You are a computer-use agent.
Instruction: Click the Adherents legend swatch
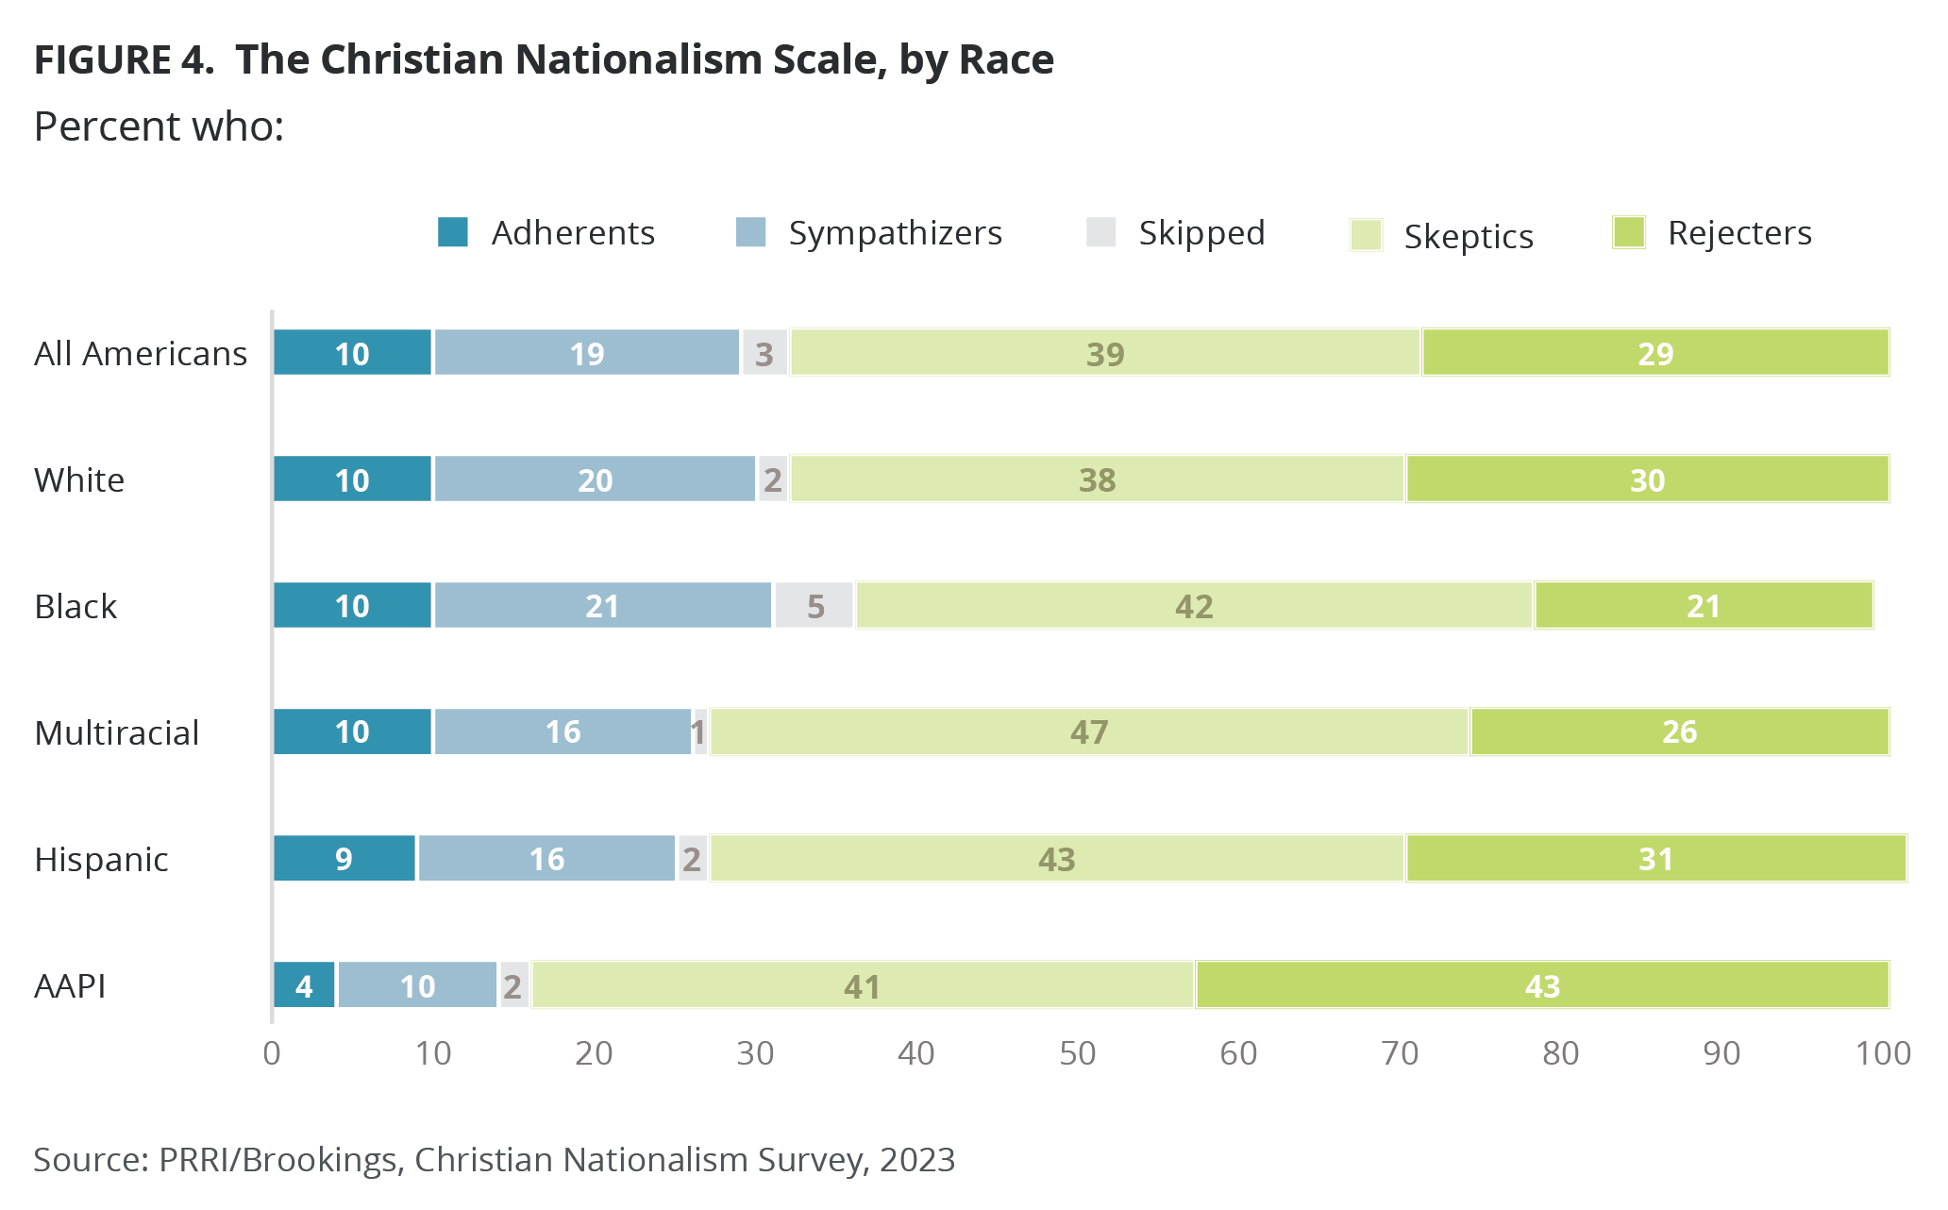point(453,232)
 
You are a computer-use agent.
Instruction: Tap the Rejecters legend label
point(1739,233)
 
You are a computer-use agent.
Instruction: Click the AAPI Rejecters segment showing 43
point(1542,985)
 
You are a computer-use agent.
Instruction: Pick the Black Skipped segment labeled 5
point(814,606)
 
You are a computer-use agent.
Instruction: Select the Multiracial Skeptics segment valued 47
point(1089,731)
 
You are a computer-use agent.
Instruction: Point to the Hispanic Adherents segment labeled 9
point(344,859)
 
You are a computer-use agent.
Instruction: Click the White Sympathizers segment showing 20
point(595,479)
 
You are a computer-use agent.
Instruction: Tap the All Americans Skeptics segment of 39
point(1105,353)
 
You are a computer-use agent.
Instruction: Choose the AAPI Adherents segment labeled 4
point(304,985)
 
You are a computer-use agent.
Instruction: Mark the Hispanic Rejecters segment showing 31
point(1655,859)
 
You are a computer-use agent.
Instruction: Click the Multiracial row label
point(117,732)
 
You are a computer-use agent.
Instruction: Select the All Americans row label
point(141,353)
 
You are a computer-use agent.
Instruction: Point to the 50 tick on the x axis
point(1077,1053)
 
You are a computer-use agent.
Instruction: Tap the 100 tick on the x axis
point(1883,1053)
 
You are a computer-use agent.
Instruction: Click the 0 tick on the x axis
point(272,1053)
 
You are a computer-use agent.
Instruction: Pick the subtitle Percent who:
point(159,126)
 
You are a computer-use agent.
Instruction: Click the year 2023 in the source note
point(917,1159)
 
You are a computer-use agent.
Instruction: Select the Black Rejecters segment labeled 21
point(1704,606)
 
